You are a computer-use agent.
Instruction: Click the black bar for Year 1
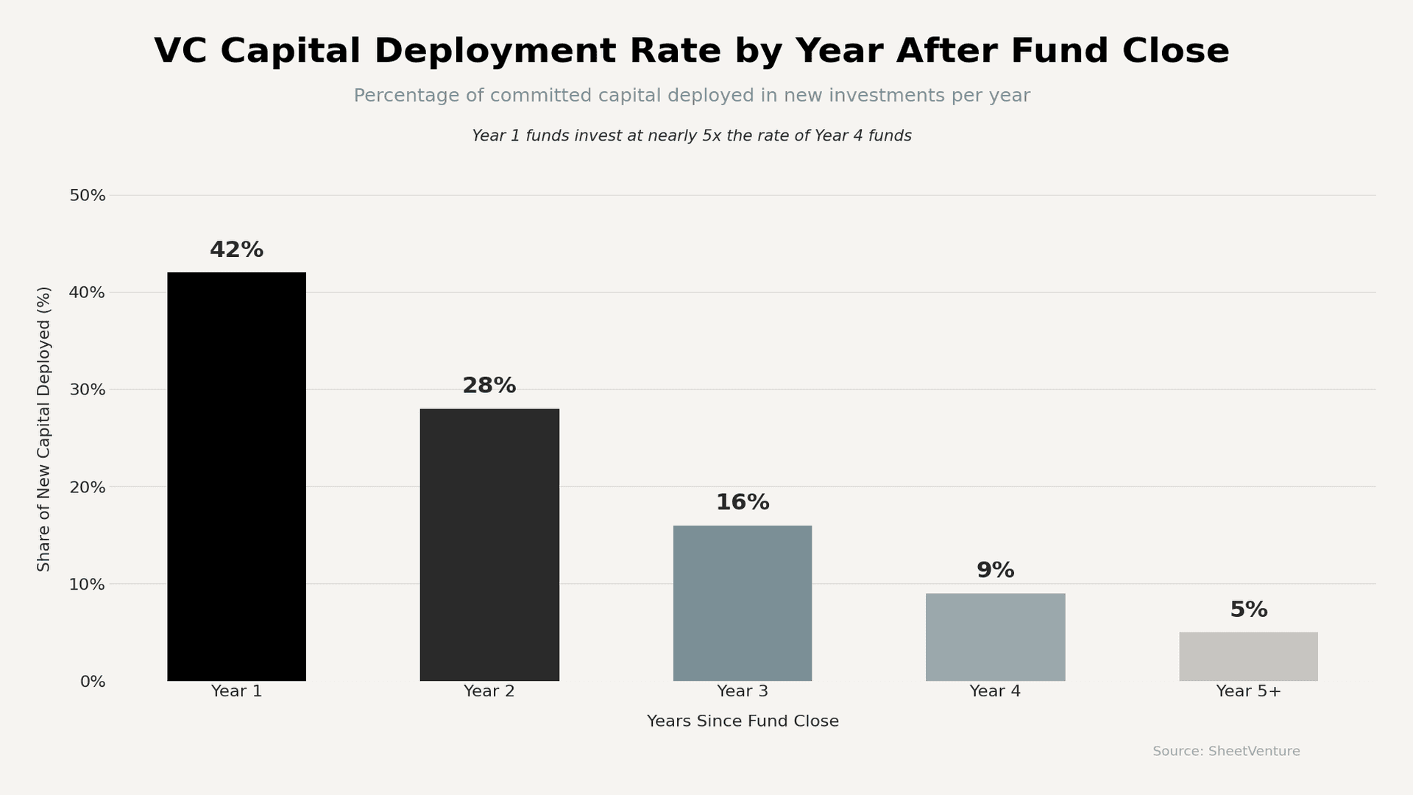[x=236, y=477]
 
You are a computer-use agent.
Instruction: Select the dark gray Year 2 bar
[x=489, y=545]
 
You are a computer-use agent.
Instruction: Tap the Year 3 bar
[x=743, y=603]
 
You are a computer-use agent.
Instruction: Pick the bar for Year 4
[x=995, y=637]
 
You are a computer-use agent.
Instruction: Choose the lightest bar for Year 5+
[x=1248, y=657]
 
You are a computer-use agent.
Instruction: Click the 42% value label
[x=236, y=250]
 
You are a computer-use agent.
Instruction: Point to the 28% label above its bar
[x=489, y=386]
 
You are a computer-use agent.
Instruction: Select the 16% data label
[x=743, y=503]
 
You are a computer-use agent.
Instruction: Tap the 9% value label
[x=995, y=570]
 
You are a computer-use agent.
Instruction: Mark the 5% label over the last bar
[x=1248, y=610]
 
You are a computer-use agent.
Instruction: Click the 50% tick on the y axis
[x=88, y=196]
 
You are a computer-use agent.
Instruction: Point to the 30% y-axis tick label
[x=88, y=390]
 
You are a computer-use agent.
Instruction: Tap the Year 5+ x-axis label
[x=1248, y=692]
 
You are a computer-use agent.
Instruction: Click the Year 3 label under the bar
[x=743, y=692]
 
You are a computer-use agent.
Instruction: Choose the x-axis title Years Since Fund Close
[x=743, y=721]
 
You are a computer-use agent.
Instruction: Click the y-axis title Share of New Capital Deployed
[x=44, y=428]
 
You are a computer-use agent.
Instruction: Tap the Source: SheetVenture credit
[x=1226, y=752]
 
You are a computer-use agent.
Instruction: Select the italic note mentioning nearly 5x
[x=692, y=136]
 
